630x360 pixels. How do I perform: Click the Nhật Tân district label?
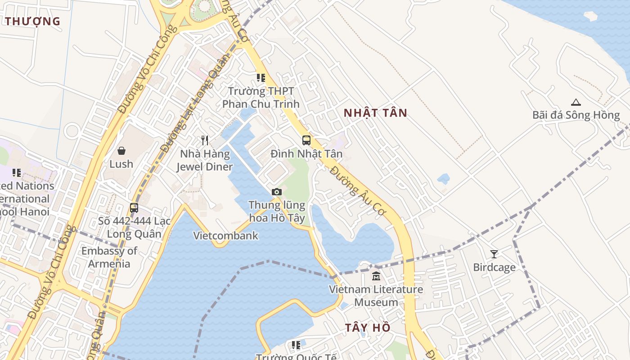tap(375, 113)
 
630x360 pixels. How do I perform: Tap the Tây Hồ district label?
tap(368, 328)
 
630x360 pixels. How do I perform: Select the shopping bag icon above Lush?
tap(121, 151)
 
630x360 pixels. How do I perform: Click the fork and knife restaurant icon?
tap(205, 140)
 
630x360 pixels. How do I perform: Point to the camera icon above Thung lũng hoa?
tap(277, 192)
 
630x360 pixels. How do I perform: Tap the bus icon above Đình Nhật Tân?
tap(306, 140)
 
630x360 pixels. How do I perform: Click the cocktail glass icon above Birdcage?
tap(494, 254)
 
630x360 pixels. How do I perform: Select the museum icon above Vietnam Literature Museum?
tap(376, 276)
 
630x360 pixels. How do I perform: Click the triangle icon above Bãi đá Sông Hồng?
tap(576, 102)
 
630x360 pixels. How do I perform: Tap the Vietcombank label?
tap(226, 235)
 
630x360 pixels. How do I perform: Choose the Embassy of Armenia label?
tap(109, 257)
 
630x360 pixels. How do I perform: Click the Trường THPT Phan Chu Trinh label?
tap(261, 98)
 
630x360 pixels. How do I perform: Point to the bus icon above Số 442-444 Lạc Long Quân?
tap(134, 208)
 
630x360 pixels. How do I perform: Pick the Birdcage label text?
tap(494, 267)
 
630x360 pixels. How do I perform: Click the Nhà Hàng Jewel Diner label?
tap(205, 160)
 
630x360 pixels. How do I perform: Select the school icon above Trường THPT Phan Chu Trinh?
tap(261, 78)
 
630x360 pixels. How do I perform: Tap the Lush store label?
tap(121, 164)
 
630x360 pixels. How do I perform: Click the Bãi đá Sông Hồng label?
tap(576, 115)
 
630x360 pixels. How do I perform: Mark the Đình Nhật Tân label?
tap(306, 154)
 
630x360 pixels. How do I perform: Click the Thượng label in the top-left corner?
tap(32, 21)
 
